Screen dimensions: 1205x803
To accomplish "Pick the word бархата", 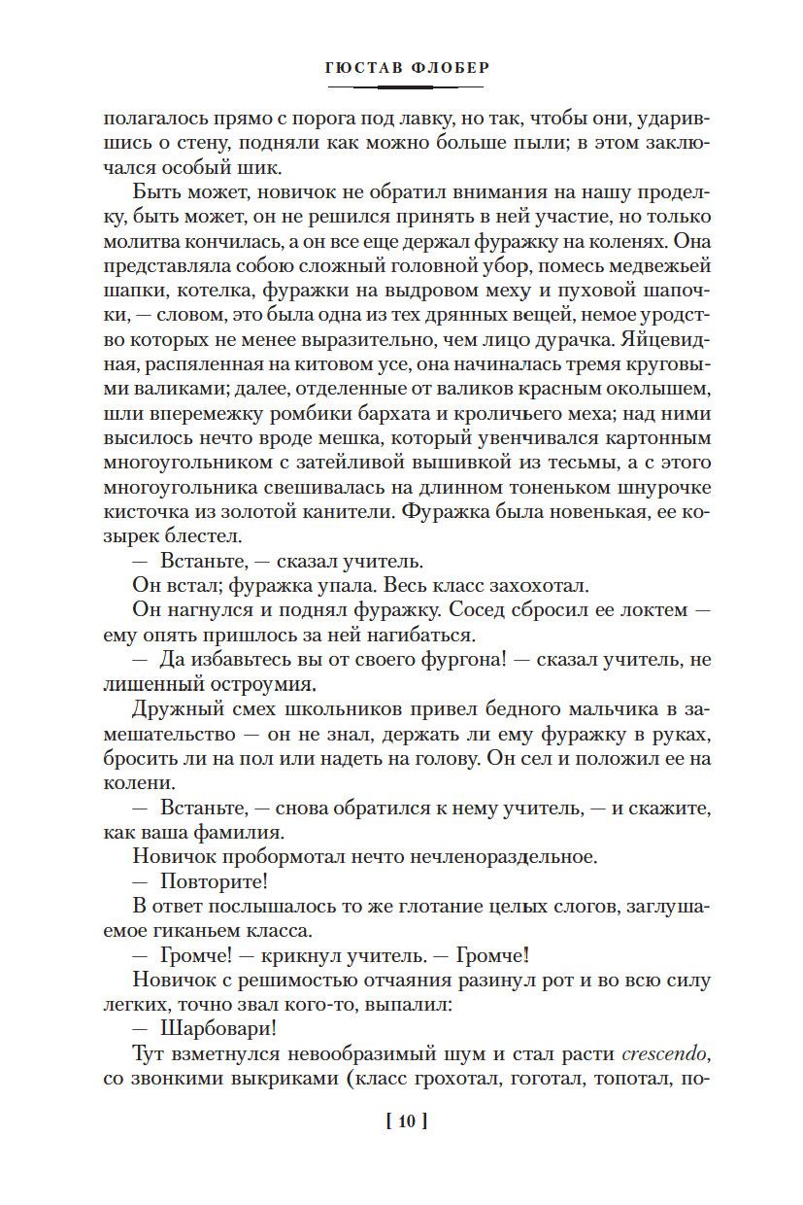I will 366,416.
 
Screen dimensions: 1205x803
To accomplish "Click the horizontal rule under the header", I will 401,88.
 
